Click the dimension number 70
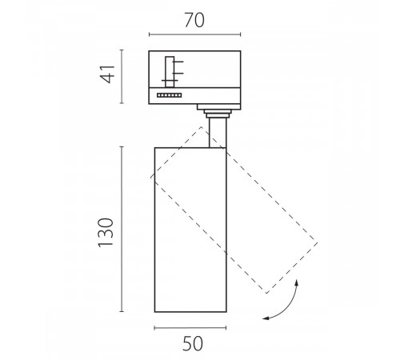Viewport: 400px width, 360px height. pyautogui.click(x=194, y=20)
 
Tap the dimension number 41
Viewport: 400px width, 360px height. pyautogui.click(x=107, y=74)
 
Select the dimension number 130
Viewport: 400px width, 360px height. pyautogui.click(x=106, y=233)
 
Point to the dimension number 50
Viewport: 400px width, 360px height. pyautogui.click(x=193, y=344)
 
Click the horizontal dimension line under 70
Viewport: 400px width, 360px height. pyautogui.click(x=195, y=34)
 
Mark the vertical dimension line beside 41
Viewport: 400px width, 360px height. pyautogui.click(x=122, y=77)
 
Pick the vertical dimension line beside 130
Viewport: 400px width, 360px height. pyautogui.click(x=122, y=229)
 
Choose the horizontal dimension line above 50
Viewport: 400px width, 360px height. pyautogui.click(x=190, y=328)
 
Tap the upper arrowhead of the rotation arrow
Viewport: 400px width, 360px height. pyautogui.click(x=296, y=282)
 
